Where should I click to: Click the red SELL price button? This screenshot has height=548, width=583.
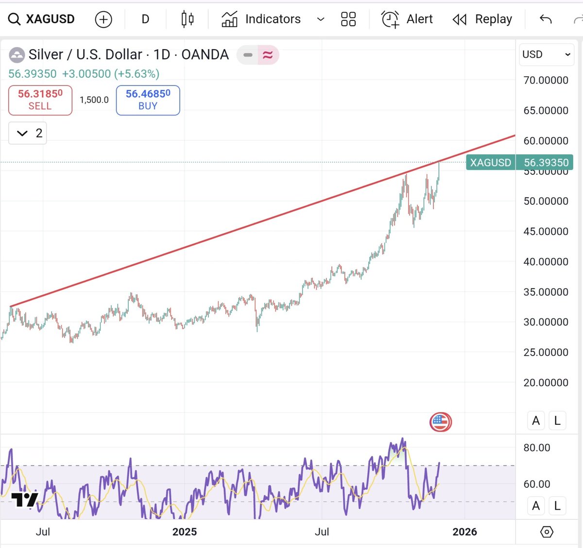[40, 100]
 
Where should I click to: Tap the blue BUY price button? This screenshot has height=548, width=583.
[148, 100]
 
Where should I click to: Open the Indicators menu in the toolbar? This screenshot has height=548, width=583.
[261, 19]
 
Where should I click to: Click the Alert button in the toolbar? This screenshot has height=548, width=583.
[407, 19]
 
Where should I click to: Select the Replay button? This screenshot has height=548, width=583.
[482, 19]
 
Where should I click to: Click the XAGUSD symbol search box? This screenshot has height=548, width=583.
[42, 19]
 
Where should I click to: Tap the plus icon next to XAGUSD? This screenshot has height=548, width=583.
[103, 19]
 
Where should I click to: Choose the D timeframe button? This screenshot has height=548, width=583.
[145, 19]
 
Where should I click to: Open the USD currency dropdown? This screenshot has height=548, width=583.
[546, 54]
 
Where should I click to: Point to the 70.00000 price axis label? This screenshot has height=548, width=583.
[546, 80]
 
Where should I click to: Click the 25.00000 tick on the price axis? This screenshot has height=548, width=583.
[546, 352]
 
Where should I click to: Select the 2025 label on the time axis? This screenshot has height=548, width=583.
[185, 532]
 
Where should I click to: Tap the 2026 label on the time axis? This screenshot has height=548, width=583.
[464, 532]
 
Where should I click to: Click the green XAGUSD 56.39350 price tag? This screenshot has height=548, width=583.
[519, 163]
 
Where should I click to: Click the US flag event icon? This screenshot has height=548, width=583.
[441, 422]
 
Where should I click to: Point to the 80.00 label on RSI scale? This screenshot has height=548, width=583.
[537, 448]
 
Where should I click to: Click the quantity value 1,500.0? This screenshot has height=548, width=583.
[94, 100]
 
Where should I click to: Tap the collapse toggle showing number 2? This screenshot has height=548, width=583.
[28, 133]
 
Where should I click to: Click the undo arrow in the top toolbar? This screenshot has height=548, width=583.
[546, 19]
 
